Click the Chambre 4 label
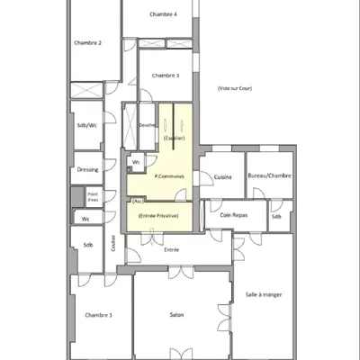(x=163, y=14)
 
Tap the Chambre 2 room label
(x=87, y=43)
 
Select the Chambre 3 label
(x=166, y=76)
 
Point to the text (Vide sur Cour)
(x=236, y=88)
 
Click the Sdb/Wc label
(x=87, y=126)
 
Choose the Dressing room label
(x=87, y=168)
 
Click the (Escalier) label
(x=175, y=138)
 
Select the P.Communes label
(x=169, y=176)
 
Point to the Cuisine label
(x=223, y=176)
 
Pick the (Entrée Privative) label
(x=158, y=216)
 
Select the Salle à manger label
(x=264, y=294)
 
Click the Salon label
(x=177, y=315)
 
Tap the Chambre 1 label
(x=98, y=315)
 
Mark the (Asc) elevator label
(x=135, y=202)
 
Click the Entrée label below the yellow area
(x=171, y=249)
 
